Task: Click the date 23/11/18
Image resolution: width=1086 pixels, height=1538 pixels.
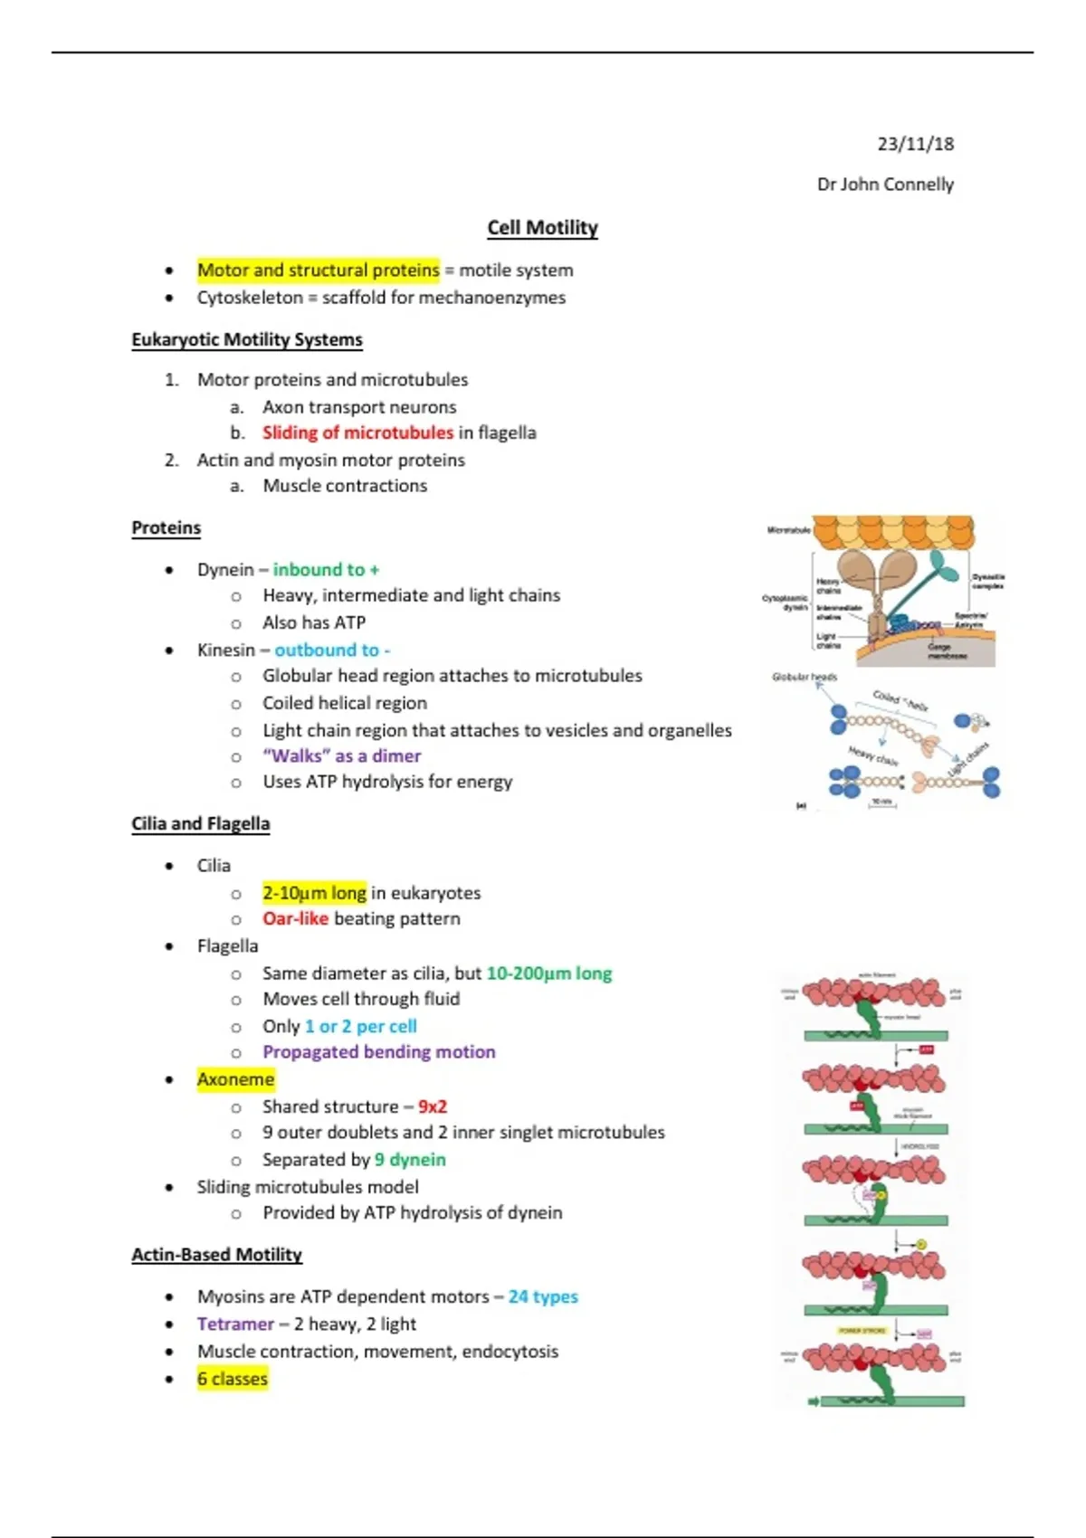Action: [x=915, y=144]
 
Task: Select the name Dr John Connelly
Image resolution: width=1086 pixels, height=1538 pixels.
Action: [x=885, y=185]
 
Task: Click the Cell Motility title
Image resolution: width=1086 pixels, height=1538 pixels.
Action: [x=542, y=227]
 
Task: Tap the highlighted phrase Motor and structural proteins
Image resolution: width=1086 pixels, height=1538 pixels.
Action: [x=318, y=270]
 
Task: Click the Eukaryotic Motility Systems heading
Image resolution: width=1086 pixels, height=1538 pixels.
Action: [x=247, y=339]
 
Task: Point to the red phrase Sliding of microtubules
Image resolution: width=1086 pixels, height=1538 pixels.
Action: [x=357, y=432]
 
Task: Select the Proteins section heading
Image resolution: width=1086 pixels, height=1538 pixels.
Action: [x=167, y=527]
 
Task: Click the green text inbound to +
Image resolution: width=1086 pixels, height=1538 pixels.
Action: [x=326, y=569]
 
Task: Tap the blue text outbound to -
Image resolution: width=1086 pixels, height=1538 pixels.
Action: [x=332, y=650]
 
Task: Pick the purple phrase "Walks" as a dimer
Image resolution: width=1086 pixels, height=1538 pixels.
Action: [x=341, y=755]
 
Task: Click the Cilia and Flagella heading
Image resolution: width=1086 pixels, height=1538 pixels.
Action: [x=201, y=823]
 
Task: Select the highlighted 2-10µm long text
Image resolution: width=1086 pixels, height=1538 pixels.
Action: [x=314, y=893]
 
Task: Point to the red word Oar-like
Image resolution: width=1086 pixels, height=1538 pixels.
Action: [x=295, y=918]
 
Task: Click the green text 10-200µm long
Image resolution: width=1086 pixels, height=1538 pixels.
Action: [x=548, y=973]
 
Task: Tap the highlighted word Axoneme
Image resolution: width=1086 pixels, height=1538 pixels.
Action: [x=235, y=1079]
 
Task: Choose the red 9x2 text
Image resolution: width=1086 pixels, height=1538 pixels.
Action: [x=433, y=1106]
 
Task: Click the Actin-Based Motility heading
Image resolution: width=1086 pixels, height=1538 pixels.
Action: [x=217, y=1254]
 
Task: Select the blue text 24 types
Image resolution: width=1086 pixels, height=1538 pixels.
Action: [x=543, y=1296]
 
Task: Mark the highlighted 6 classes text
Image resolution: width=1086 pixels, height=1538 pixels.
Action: [x=233, y=1379]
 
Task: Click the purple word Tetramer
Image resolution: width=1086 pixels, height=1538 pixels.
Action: [x=235, y=1324]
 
